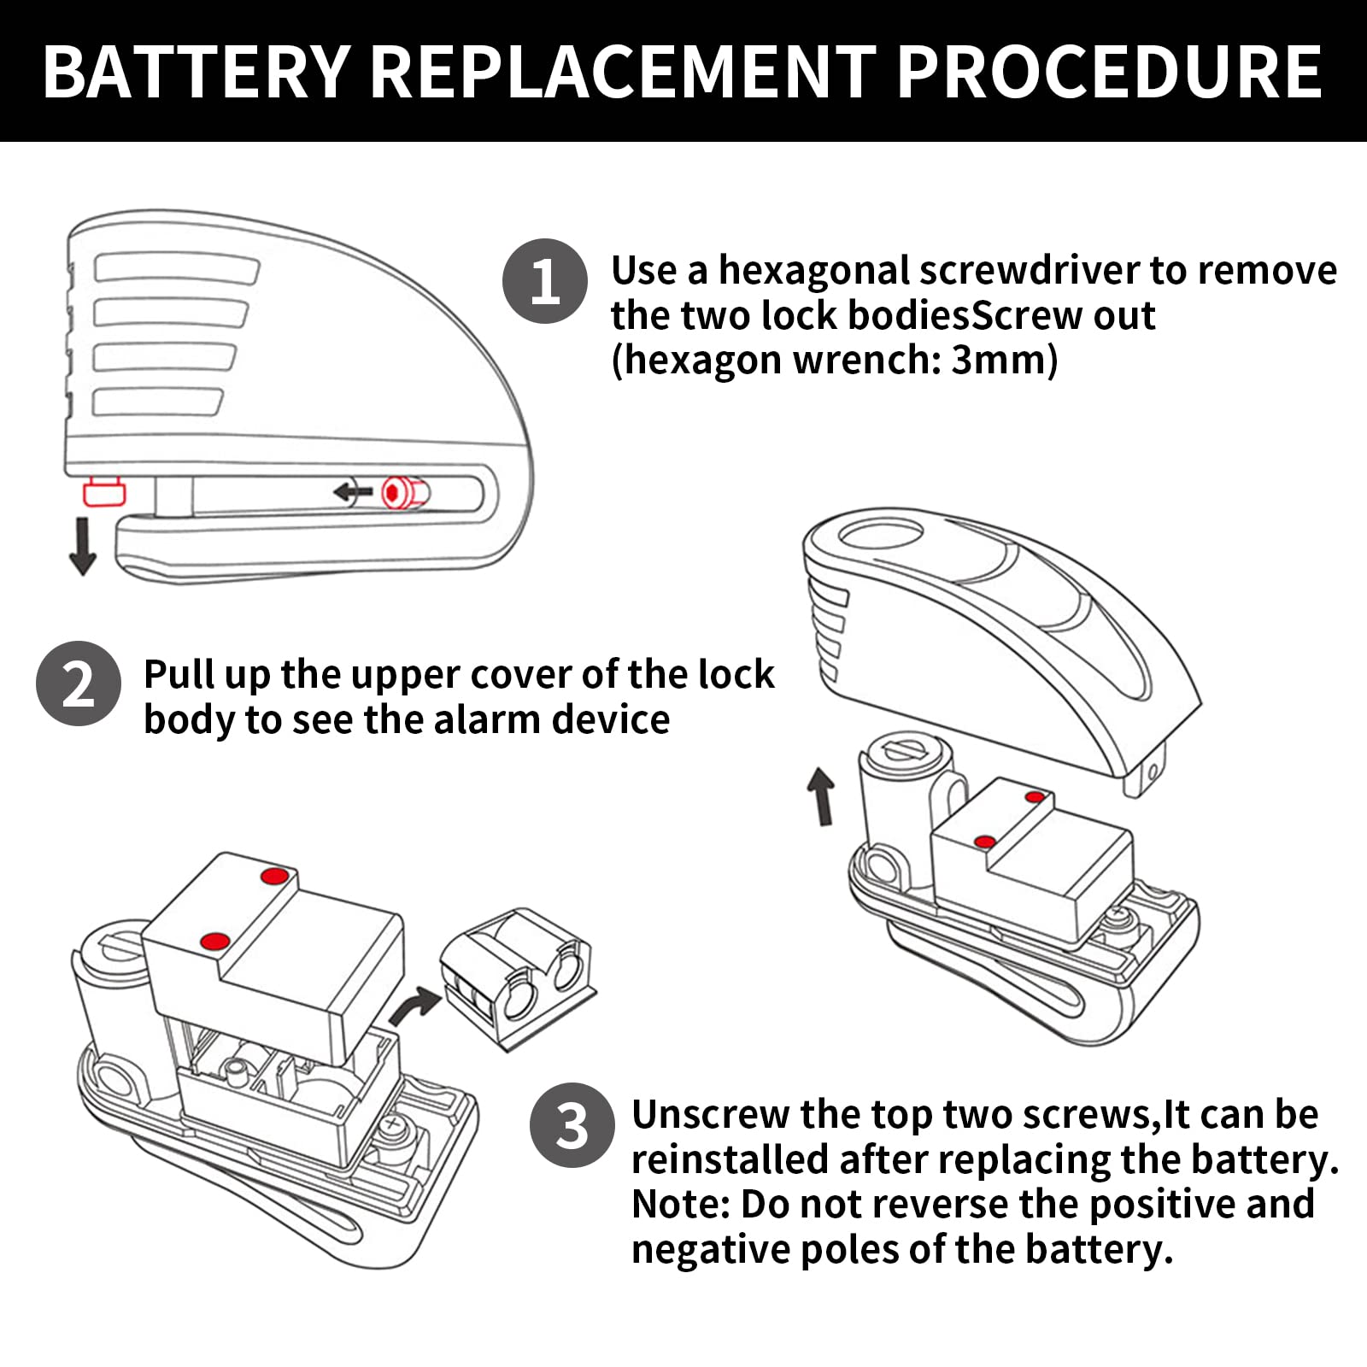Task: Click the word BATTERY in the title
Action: (x=197, y=71)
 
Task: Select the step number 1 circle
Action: (x=545, y=281)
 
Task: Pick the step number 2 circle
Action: (x=79, y=683)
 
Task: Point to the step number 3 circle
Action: (x=572, y=1126)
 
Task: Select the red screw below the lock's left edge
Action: (x=104, y=492)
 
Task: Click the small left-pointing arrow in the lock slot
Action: (x=354, y=491)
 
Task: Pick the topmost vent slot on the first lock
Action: (x=176, y=267)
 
